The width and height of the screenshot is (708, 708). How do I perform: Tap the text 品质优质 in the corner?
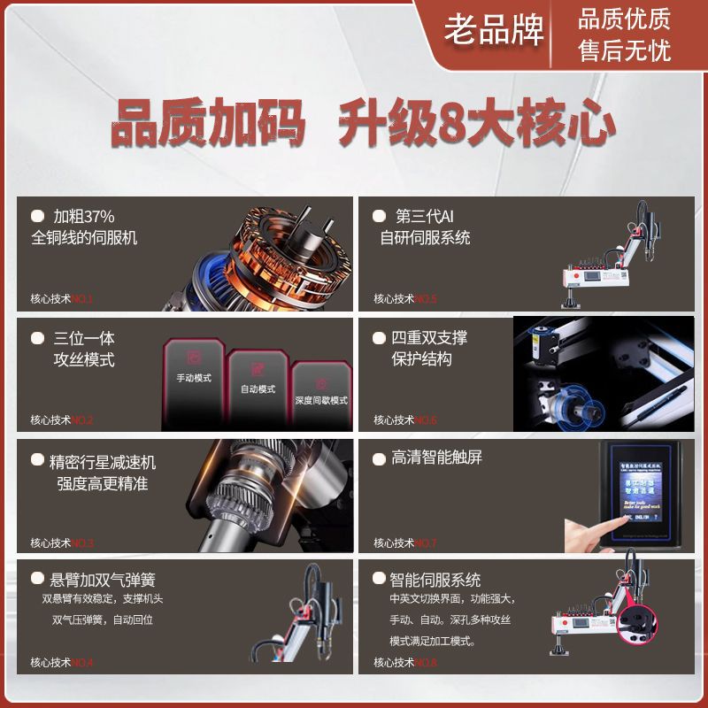(624, 19)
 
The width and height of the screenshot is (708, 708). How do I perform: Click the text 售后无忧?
(624, 50)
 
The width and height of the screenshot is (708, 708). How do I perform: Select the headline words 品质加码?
(208, 124)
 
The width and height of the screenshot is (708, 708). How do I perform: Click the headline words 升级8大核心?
(477, 124)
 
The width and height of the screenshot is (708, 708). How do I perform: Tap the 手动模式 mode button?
(193, 378)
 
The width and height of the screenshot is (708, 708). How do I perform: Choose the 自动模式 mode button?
(258, 389)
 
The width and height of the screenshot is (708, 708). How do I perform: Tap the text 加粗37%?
(84, 216)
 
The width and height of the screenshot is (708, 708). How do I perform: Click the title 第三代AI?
(424, 216)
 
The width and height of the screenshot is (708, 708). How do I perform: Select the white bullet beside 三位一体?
(37, 338)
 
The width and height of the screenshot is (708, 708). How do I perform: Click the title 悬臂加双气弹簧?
(103, 581)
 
